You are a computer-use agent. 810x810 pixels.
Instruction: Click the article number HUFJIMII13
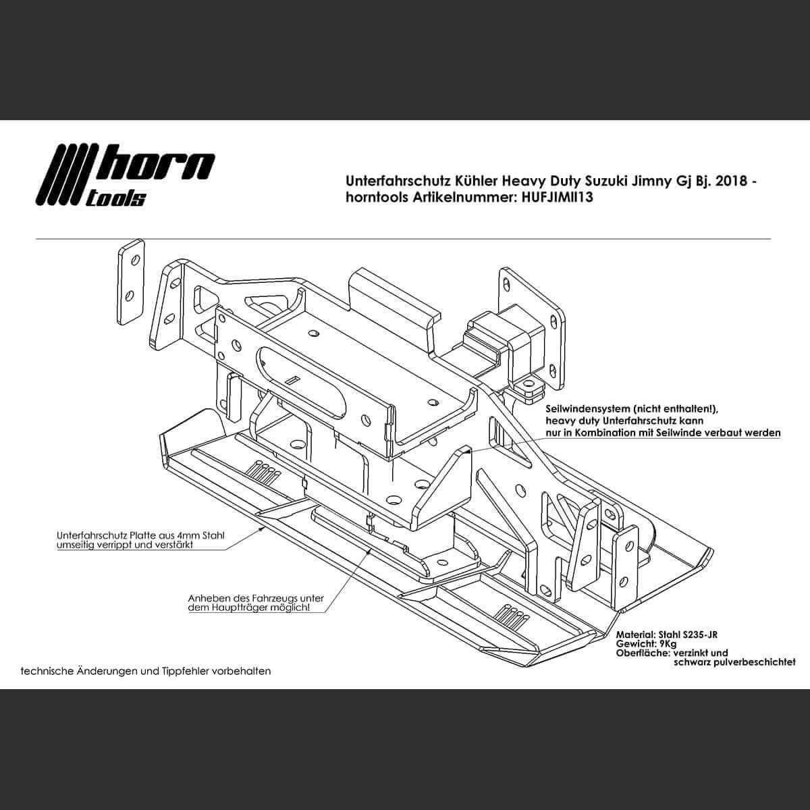click(558, 198)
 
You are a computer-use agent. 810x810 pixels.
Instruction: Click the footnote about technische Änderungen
click(146, 671)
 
